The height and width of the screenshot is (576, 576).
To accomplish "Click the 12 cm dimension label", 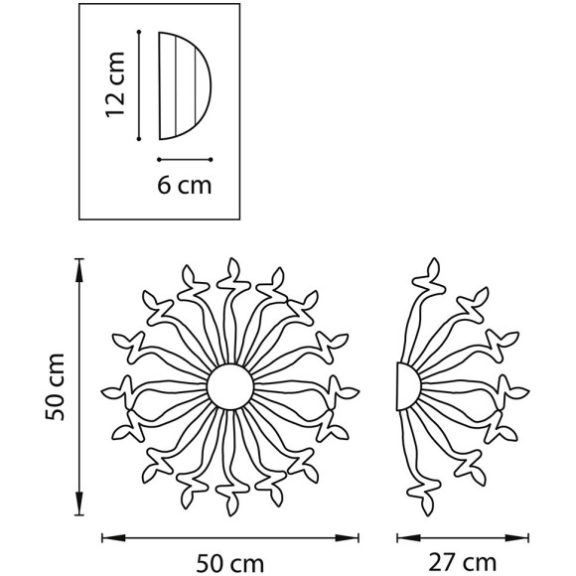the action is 115,84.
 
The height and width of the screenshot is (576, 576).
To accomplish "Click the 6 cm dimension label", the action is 185,185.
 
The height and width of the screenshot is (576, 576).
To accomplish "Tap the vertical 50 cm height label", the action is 55,386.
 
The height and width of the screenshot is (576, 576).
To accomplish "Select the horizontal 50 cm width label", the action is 230,563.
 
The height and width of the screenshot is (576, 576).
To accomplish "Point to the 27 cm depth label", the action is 463,563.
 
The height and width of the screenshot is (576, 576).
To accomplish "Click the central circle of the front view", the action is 230,387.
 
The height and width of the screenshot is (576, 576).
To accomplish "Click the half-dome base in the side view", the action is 408,386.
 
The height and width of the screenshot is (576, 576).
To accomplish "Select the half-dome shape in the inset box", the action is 185,86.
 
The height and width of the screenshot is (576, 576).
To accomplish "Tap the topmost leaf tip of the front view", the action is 232,258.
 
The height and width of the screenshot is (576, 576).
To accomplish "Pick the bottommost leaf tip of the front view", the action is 231,515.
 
